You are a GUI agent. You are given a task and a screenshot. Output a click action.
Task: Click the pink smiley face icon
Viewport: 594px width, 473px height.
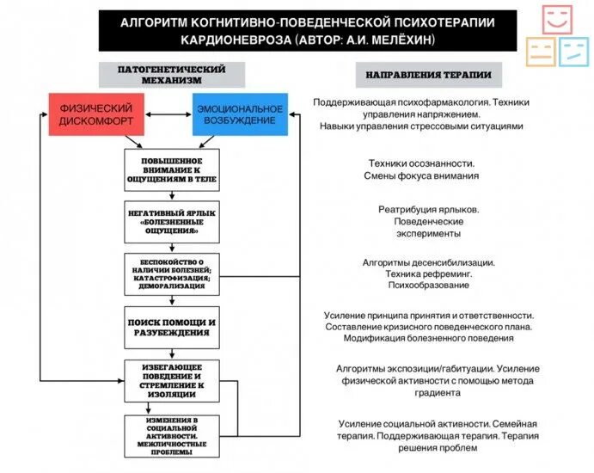click(557, 21)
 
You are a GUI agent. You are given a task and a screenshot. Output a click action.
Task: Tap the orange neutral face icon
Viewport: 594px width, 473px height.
click(540, 51)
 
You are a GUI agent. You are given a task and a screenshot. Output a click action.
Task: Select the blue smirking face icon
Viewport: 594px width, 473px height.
click(573, 51)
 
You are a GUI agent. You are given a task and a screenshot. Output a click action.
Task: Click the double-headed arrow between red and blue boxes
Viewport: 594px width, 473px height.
click(167, 114)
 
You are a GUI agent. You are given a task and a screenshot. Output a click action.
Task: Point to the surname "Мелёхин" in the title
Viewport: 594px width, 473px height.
click(404, 40)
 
